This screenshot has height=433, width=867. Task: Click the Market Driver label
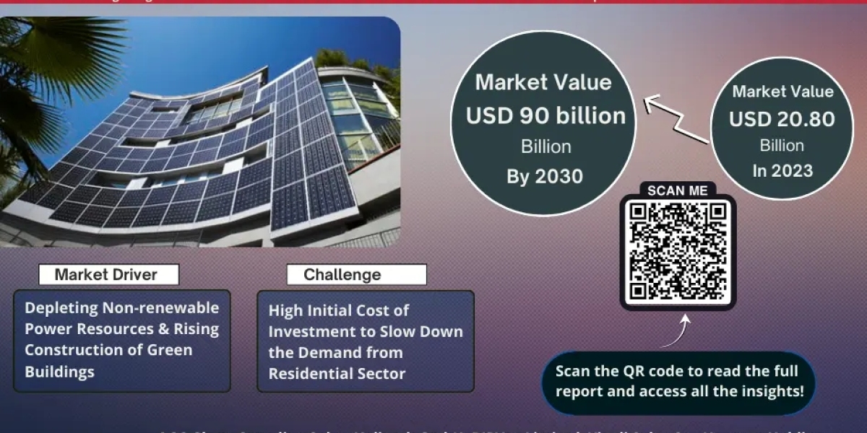click(106, 274)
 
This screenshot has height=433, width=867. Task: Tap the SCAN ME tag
click(677, 191)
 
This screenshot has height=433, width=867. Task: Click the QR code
click(678, 251)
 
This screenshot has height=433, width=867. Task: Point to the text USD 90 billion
click(546, 115)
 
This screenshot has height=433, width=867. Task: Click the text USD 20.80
click(782, 119)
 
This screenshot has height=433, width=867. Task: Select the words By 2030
click(545, 176)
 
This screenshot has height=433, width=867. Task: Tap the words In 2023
click(782, 171)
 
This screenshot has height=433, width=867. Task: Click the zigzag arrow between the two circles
click(675, 120)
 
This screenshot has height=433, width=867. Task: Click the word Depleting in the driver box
click(61, 307)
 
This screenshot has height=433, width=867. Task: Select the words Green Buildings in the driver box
click(108, 361)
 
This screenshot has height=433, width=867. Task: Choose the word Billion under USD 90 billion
click(545, 146)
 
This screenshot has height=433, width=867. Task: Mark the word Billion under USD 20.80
click(782, 146)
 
